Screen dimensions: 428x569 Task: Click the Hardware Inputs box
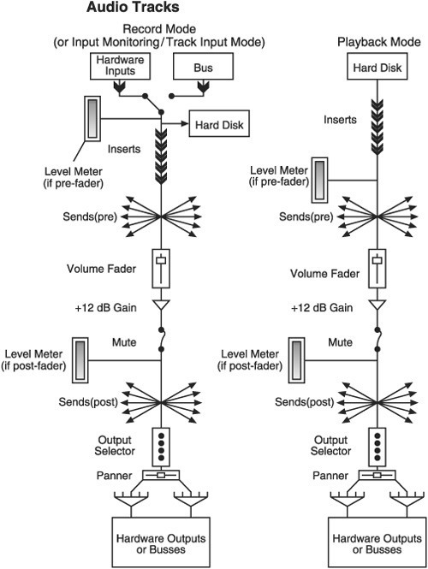click(120, 66)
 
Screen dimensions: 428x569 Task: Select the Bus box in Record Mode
click(203, 66)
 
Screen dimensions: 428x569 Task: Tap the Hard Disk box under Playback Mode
click(377, 66)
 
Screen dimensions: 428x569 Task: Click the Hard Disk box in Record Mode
click(219, 124)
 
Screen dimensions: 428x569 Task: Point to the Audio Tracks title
click(133, 7)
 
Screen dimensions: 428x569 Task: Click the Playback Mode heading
click(379, 42)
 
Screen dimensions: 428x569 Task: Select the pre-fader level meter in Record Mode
click(92, 119)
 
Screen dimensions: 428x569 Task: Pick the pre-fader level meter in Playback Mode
click(319, 180)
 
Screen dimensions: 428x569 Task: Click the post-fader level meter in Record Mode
click(80, 360)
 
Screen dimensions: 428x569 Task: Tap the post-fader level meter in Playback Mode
click(296, 360)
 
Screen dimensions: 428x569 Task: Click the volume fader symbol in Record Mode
click(161, 268)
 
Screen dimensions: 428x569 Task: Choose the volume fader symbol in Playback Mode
click(377, 268)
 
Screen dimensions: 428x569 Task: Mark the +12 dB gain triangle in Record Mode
click(161, 305)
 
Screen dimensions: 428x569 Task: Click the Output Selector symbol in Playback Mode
click(377, 447)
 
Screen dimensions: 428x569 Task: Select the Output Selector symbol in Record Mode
click(161, 447)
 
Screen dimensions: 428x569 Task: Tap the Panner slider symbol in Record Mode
click(161, 475)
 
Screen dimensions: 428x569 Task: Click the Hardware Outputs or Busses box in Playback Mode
click(377, 542)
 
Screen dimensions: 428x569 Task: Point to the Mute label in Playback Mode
click(340, 342)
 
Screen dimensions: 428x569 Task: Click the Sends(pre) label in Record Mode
click(90, 216)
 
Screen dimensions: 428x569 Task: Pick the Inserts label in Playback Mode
click(340, 120)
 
